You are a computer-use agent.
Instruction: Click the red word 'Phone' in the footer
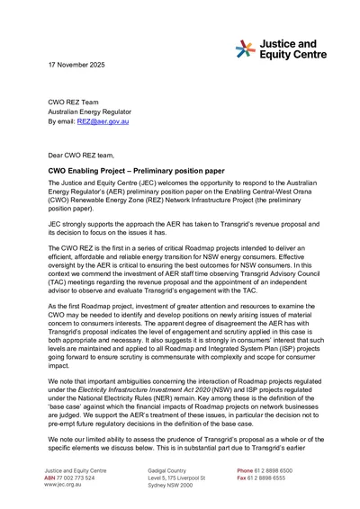coord(245,469)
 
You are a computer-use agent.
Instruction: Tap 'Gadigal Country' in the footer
coord(171,469)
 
